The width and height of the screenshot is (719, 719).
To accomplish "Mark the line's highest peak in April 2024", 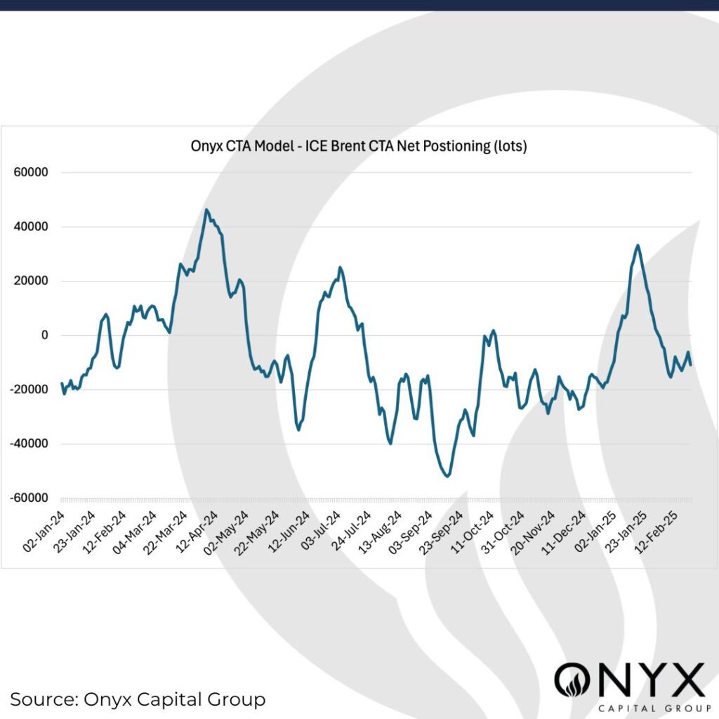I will (206, 209).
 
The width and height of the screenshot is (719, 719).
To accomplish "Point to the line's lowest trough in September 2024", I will (447, 477).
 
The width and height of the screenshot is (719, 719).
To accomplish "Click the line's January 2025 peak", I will (637, 245).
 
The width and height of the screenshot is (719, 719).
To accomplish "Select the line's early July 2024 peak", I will (340, 267).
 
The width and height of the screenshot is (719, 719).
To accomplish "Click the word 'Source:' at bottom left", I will (44, 699).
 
